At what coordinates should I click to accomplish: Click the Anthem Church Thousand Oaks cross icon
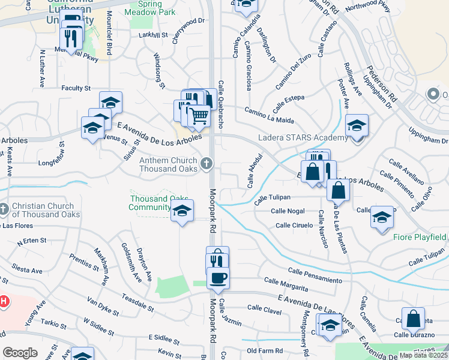click(x=206, y=163)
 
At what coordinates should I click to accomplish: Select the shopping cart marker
click(x=199, y=115)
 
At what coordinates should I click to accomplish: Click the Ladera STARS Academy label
click(x=303, y=138)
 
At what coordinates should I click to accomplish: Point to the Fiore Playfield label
click(x=420, y=237)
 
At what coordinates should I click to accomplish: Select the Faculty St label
click(x=76, y=88)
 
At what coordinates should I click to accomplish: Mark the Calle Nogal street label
click(x=288, y=211)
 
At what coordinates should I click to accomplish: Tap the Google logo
click(x=20, y=352)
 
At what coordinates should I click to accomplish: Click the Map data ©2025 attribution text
click(x=424, y=355)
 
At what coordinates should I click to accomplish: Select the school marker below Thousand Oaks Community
click(x=182, y=211)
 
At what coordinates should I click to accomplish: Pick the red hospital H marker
click(x=3, y=300)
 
